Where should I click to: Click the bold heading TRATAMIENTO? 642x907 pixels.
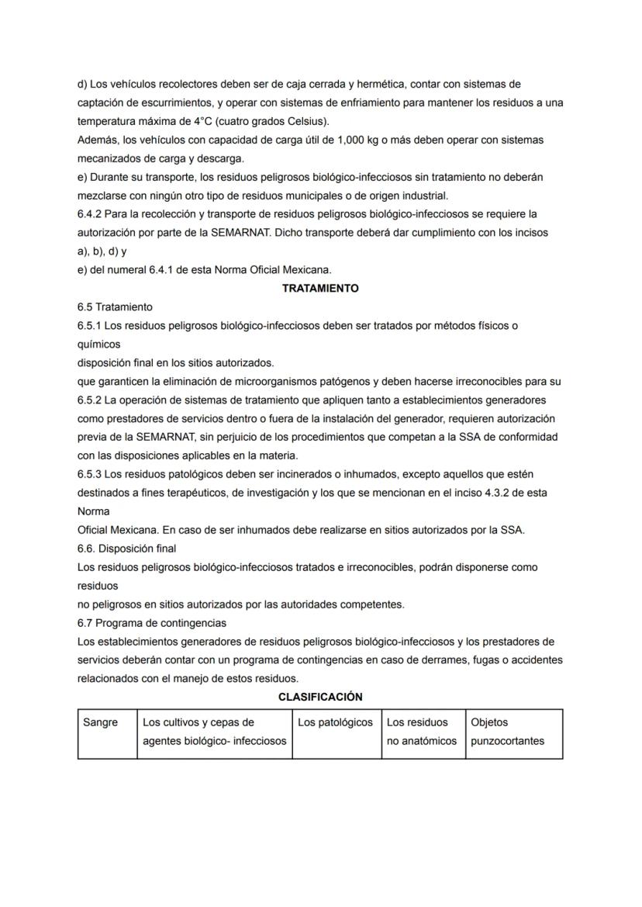[320, 288]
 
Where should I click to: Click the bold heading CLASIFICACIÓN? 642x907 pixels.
[320, 697]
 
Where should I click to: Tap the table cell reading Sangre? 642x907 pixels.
[101, 722]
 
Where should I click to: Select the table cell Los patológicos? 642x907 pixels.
[335, 722]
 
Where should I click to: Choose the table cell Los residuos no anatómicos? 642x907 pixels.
[422, 732]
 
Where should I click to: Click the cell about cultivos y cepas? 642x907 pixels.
[214, 732]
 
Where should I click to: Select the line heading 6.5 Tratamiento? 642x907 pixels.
[115, 307]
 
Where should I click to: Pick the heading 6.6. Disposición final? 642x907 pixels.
[126, 549]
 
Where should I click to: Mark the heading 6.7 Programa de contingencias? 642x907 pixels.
[151, 623]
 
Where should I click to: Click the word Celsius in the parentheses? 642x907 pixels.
[308, 121]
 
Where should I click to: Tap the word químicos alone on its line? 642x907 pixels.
[98, 344]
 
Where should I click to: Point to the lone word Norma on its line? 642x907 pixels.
[93, 511]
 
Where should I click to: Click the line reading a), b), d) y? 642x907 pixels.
[102, 251]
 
